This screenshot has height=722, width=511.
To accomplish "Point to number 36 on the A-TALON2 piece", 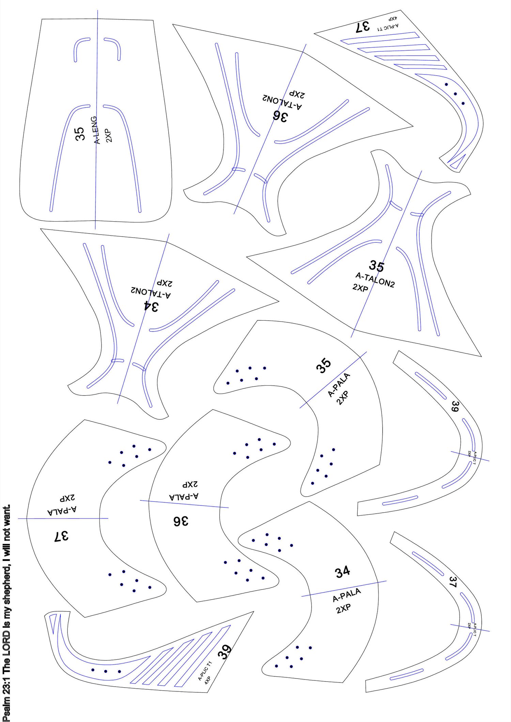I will tap(280, 116).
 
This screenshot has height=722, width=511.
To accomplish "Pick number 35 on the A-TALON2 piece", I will tap(376, 266).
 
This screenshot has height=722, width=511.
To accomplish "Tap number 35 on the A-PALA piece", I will tap(324, 366).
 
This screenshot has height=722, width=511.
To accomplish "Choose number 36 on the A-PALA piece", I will tap(180, 521).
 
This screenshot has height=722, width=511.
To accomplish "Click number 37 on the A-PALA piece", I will tap(61, 536).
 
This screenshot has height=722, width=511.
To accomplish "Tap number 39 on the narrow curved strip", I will tap(455, 406).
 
